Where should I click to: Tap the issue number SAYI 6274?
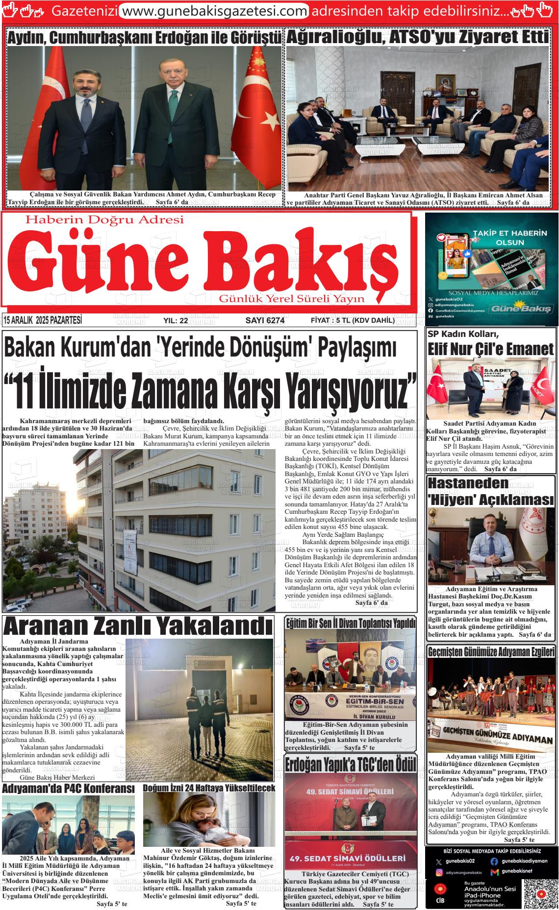click(265, 321)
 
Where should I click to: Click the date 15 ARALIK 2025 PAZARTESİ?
click(43, 321)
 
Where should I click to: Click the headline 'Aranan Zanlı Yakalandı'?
click(138, 626)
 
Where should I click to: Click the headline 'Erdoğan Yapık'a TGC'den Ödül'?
click(351, 764)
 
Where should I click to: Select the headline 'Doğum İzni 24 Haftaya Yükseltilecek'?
click(209, 788)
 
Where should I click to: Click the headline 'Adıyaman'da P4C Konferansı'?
click(68, 789)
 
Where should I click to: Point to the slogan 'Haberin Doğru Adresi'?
click(104, 220)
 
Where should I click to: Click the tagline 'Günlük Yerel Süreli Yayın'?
click(292, 299)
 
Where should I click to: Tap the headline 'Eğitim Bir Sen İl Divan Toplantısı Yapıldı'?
click(351, 623)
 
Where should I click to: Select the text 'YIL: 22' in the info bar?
click(176, 321)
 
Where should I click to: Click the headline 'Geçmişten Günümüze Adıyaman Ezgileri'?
click(491, 652)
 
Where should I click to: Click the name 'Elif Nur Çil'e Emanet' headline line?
click(491, 349)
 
